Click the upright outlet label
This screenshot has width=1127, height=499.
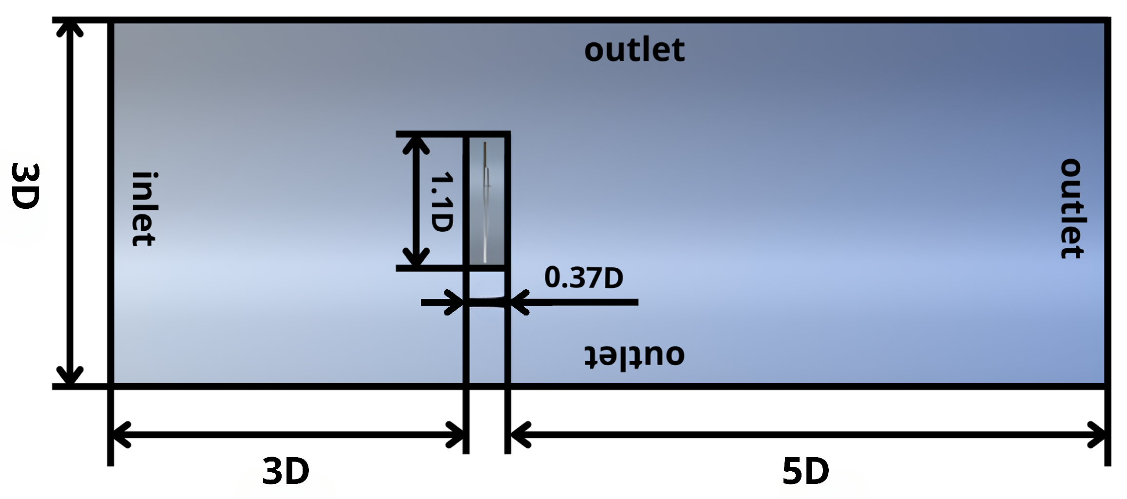(x=634, y=50)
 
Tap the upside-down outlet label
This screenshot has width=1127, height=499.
(x=634, y=355)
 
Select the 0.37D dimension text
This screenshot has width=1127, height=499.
(x=583, y=277)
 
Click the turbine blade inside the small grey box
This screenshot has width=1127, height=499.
(x=486, y=202)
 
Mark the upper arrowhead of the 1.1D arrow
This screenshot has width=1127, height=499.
(x=416, y=144)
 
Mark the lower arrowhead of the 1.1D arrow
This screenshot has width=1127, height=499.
(x=416, y=258)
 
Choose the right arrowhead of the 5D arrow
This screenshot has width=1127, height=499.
(x=1097, y=435)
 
